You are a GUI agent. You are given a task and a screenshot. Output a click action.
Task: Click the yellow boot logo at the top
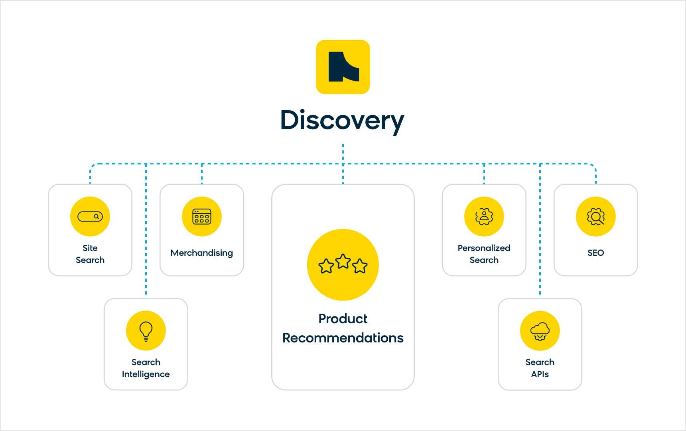(x=343, y=67)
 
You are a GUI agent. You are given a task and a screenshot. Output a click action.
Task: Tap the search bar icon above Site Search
(x=90, y=216)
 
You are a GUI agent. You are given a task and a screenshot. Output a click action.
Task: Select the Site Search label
(x=90, y=254)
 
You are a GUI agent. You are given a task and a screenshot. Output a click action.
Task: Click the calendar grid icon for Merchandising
(x=202, y=216)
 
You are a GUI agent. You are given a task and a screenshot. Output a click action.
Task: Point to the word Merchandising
(x=202, y=253)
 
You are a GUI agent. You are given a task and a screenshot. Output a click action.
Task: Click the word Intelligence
(x=146, y=374)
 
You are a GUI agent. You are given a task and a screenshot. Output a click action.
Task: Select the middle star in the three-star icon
(x=343, y=261)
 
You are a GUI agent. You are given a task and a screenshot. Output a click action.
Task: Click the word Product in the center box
(x=343, y=318)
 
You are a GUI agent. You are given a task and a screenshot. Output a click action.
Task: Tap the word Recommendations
(x=343, y=338)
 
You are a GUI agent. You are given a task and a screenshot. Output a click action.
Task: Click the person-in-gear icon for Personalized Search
(x=484, y=216)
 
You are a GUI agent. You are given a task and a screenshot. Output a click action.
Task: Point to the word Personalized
(x=484, y=248)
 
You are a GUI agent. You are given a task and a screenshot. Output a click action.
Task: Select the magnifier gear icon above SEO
(x=596, y=216)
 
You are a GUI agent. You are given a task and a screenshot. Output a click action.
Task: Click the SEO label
(x=596, y=253)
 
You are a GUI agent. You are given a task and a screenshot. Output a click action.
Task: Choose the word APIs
(x=540, y=374)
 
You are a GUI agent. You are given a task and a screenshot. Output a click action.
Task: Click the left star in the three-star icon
(x=326, y=266)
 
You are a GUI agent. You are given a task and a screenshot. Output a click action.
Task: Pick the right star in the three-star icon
(x=360, y=266)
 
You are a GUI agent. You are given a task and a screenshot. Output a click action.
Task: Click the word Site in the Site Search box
(x=90, y=248)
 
